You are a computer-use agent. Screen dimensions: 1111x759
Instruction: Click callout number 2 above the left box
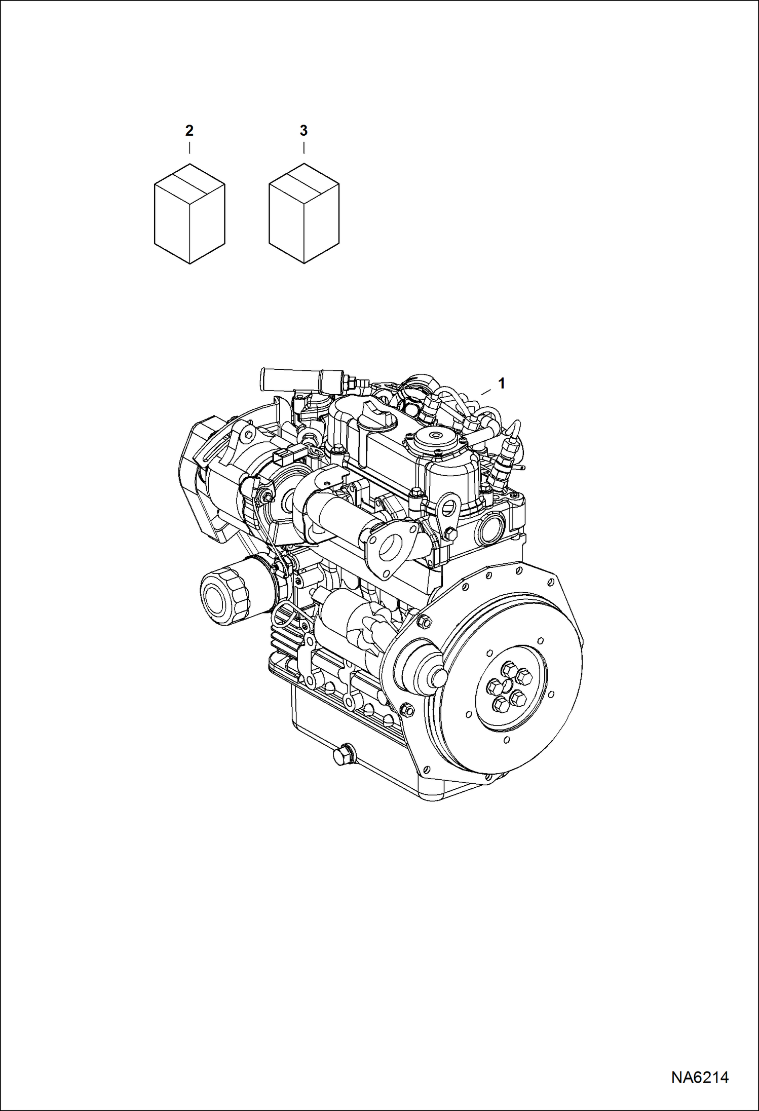[189, 131]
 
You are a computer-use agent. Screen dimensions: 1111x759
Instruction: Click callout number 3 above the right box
[303, 131]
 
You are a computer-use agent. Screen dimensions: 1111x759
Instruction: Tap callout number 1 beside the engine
[502, 384]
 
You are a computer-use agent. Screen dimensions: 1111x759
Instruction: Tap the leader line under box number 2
[189, 148]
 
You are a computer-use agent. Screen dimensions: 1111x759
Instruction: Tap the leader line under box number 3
[303, 148]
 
